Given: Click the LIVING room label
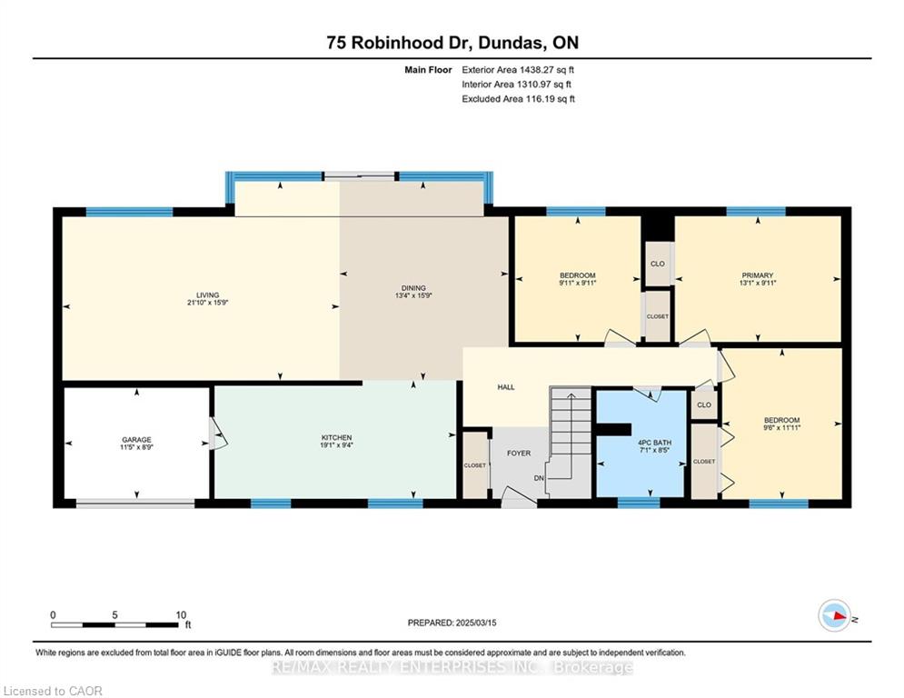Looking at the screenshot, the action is pos(207,294).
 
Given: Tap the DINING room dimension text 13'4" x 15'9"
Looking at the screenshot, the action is pos(413,295).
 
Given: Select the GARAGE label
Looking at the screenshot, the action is pos(136,440).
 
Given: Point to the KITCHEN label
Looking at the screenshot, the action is pos(336,438).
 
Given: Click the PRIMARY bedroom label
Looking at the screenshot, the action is pos(758,275).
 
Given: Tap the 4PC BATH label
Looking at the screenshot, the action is pos(654,443).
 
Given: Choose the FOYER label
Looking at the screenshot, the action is pos(519,454).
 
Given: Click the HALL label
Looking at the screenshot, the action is pos(506,387).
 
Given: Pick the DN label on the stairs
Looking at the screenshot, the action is pos(539,478).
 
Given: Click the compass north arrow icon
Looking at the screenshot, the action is pos(835,615).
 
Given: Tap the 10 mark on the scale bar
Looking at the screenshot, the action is pos(181,615).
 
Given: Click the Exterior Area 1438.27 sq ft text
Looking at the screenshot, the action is pos(518,70).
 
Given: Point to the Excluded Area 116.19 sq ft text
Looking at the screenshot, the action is pos(518,99).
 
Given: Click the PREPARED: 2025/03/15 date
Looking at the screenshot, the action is pos(452,623).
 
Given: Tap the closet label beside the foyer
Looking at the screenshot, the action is pos(475,465).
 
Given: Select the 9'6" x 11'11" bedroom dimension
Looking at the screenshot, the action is pos(781,428).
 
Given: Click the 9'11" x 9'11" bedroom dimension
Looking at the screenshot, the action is pos(577,284).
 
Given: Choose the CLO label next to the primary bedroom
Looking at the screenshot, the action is pos(657,264).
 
